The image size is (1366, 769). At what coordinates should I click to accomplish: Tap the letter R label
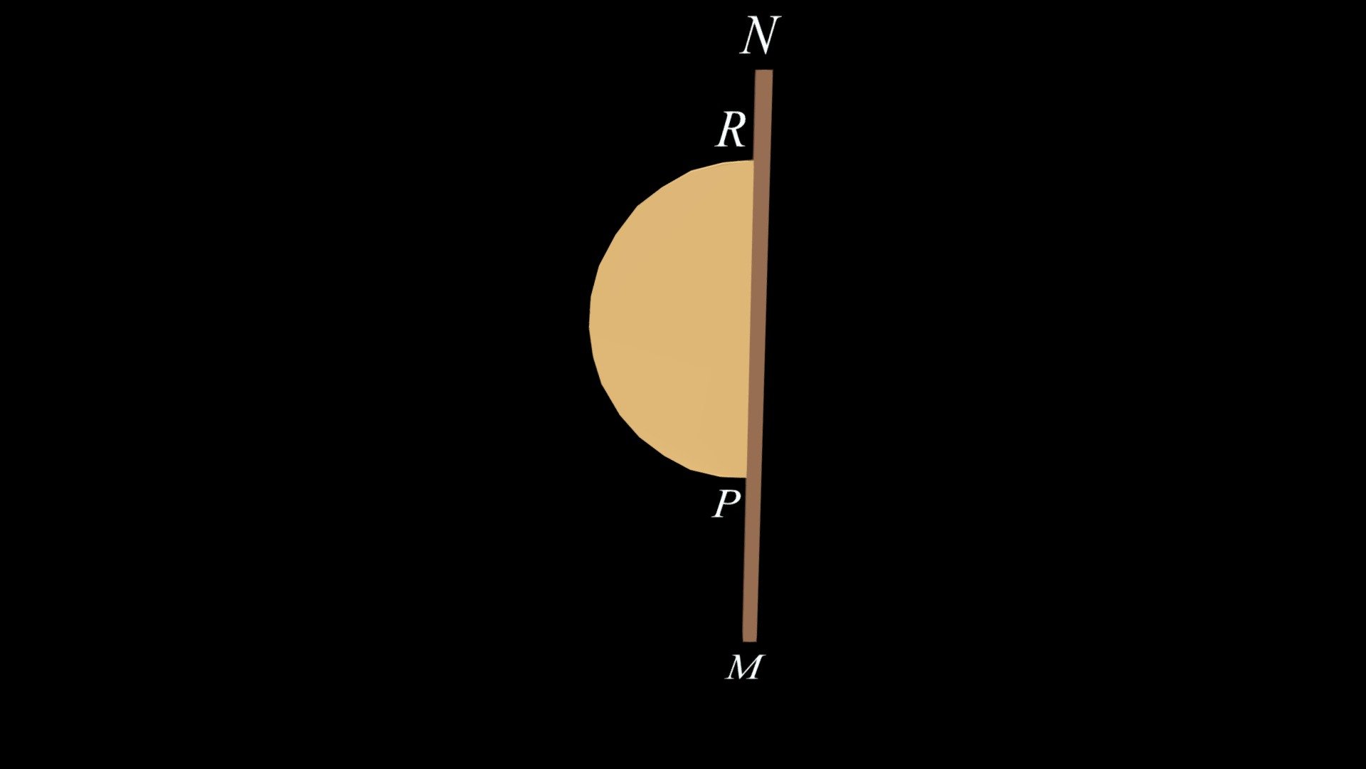click(x=731, y=130)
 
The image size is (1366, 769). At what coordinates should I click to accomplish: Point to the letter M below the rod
click(x=744, y=667)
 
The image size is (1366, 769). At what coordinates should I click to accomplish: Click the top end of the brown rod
click(x=763, y=70)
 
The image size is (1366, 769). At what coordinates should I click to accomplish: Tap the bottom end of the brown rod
click(x=749, y=641)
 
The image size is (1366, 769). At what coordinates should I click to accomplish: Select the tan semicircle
click(x=676, y=319)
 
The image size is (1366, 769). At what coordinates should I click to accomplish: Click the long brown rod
click(x=757, y=356)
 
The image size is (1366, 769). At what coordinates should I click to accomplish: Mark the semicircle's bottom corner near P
click(x=746, y=477)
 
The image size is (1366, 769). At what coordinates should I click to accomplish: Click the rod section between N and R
click(x=762, y=115)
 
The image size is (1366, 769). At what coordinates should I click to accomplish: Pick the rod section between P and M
click(x=751, y=560)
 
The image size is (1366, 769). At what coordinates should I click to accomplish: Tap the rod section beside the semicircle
click(x=757, y=319)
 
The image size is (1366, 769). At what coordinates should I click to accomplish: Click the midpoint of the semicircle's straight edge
click(x=750, y=319)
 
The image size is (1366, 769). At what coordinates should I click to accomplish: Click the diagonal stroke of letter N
click(x=759, y=36)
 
